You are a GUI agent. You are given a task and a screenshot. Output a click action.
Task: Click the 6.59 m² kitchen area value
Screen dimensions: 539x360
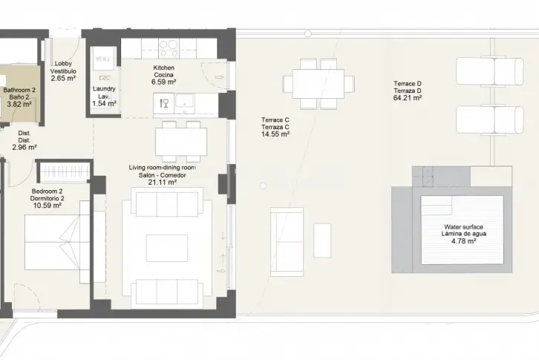click(163, 82)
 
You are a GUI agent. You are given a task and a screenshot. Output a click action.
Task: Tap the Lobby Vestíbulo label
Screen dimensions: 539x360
click(63, 68)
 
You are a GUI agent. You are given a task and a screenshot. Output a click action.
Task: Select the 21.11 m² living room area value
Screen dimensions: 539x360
click(163, 183)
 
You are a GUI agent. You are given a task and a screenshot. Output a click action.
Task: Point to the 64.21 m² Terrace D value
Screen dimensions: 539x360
click(408, 98)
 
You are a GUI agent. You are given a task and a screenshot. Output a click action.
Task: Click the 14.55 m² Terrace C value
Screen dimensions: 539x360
click(275, 134)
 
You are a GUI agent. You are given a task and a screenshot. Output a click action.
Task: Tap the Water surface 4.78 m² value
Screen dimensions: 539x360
click(463, 241)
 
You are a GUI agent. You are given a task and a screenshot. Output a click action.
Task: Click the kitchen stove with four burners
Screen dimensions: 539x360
click(169, 48)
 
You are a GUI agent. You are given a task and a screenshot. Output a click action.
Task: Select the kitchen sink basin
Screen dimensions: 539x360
click(185, 102)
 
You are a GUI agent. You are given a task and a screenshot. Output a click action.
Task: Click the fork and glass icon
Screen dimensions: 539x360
click(164, 103)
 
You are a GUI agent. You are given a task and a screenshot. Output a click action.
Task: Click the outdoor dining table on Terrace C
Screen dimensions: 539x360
click(318, 84)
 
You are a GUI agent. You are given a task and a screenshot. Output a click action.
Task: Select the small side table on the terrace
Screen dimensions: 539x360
click(322, 240)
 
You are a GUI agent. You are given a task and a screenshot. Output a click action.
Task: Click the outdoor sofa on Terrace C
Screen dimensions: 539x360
click(287, 242)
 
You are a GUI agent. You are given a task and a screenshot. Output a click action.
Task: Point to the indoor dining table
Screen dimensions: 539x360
click(181, 142)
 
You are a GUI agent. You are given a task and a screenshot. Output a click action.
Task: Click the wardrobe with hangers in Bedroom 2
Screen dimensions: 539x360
click(64, 171)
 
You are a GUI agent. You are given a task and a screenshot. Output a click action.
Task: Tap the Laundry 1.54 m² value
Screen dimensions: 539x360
click(104, 103)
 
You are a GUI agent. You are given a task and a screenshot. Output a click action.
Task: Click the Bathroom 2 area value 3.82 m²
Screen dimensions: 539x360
click(19, 105)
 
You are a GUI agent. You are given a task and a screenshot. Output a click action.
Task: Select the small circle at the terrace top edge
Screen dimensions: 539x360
click(308, 33)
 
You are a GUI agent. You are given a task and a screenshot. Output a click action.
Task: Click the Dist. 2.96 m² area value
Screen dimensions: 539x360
click(24, 148)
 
